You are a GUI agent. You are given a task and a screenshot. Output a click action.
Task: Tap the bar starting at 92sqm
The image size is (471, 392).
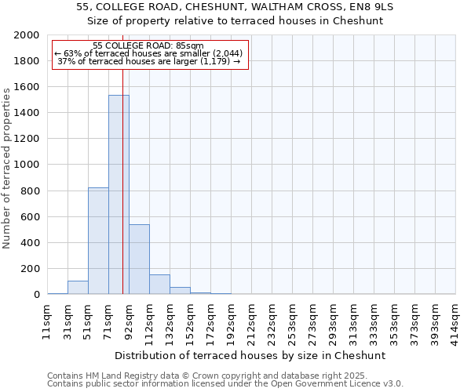139,259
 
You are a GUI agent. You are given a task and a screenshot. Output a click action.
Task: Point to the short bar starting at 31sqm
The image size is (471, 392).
78,288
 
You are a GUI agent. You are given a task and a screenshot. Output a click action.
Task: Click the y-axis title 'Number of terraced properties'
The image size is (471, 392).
7,168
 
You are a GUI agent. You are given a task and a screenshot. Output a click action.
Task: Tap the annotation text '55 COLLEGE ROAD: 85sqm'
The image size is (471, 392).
148,45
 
